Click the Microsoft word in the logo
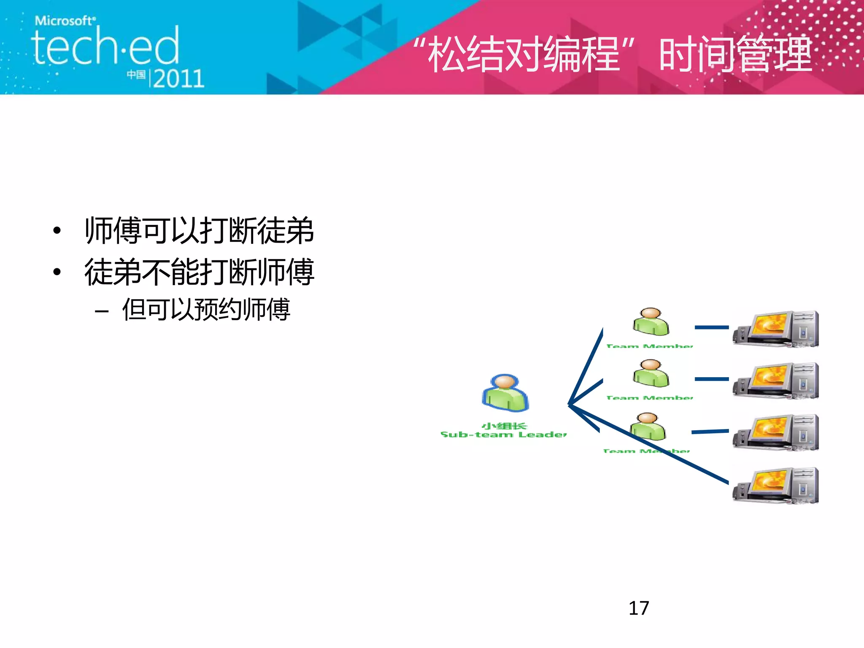pos(65,21)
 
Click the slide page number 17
pos(639,608)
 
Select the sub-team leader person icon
pos(505,393)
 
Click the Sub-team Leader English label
pos(503,435)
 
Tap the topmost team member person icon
pos(651,322)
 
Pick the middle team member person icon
pos(651,373)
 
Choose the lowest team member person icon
pos(648,427)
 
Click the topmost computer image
pos(776,329)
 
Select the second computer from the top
pos(776,381)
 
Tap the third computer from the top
pos(776,433)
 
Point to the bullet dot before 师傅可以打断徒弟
pos(57,231)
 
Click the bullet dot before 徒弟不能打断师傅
pos(57,272)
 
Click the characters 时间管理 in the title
pos(735,55)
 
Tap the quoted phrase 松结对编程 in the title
pos(524,55)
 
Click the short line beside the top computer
pos(712,327)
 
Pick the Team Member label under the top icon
pos(649,346)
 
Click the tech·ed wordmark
pos(105,46)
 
